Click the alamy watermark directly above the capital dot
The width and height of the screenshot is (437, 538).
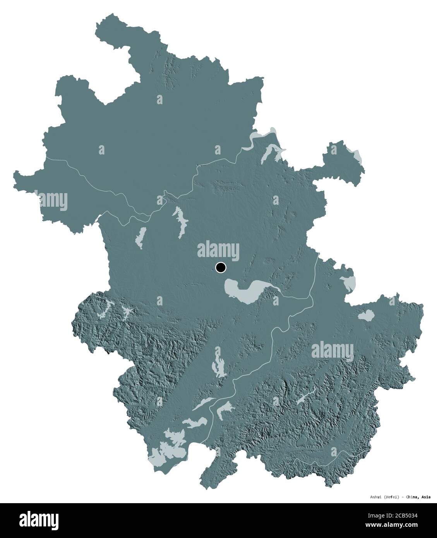point(218,250)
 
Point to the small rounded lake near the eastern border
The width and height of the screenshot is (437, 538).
point(366,316)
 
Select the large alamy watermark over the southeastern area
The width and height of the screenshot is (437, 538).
point(332,350)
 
